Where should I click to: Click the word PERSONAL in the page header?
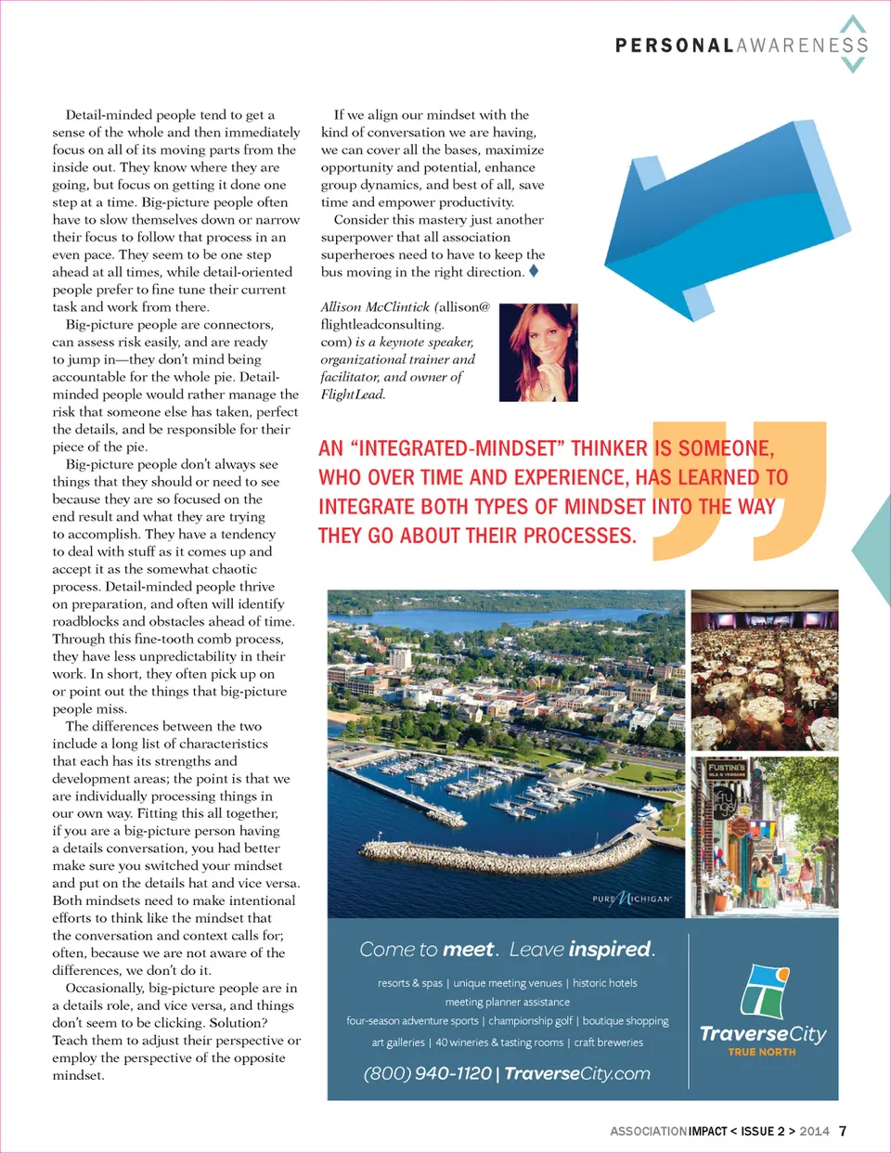click(x=675, y=45)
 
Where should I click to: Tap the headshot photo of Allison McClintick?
click(x=538, y=353)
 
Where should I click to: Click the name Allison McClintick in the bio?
click(x=375, y=307)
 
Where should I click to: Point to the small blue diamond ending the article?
click(x=534, y=271)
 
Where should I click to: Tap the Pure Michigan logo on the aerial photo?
click(x=632, y=899)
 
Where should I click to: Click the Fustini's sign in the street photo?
click(x=727, y=770)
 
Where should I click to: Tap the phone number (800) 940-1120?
click(x=427, y=1073)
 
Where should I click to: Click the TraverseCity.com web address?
click(x=577, y=1073)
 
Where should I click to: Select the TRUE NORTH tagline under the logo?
click(x=762, y=1052)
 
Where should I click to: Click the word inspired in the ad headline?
click(x=611, y=949)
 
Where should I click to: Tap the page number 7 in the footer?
click(x=843, y=1131)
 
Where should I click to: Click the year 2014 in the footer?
click(x=814, y=1131)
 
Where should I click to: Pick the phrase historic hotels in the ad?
click(x=605, y=983)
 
